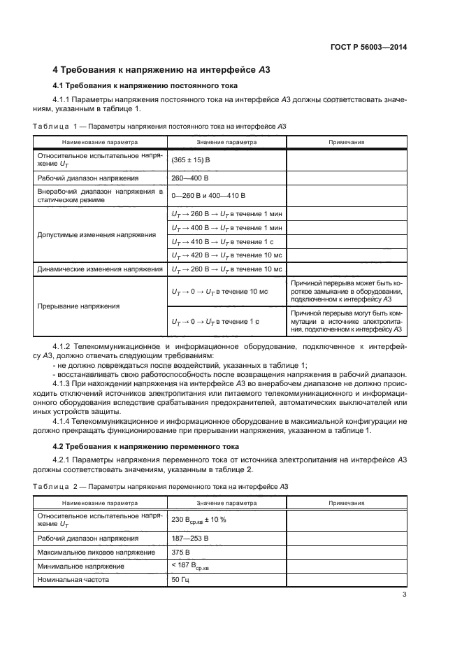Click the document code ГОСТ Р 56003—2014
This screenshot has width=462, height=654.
369,47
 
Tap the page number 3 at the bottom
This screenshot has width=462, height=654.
404,595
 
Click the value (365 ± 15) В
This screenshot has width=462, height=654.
190,160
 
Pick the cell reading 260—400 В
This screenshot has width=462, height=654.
189,178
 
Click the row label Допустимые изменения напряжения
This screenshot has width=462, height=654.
96,235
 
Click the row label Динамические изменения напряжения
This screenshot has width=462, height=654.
99,269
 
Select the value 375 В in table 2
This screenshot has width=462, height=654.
181,552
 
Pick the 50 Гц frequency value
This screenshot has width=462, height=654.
180,580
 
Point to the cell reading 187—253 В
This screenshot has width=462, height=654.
190,538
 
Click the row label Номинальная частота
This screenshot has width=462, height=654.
74,580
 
